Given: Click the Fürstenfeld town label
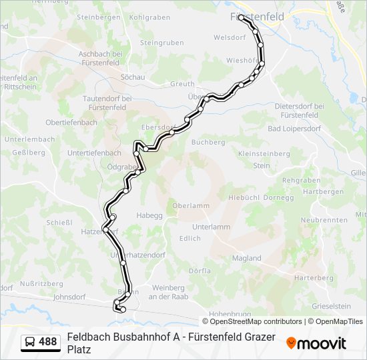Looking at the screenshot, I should tap(256, 17).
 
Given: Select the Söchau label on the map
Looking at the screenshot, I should tap(132, 77).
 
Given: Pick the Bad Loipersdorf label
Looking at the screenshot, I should tap(294, 128).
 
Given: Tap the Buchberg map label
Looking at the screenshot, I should tap(208, 142).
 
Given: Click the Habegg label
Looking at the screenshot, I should tap(149, 215).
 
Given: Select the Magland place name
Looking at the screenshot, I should tap(246, 258).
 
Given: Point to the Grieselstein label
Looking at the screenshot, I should tap(331, 306).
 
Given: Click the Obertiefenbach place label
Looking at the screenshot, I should tap(71, 123).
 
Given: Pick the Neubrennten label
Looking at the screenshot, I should tap(324, 220).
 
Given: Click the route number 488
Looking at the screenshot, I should tap(48, 342).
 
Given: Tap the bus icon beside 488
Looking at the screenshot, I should tap(30, 342).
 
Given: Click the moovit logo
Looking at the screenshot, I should tap(316, 343).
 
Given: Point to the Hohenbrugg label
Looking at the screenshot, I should tap(229, 313).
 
